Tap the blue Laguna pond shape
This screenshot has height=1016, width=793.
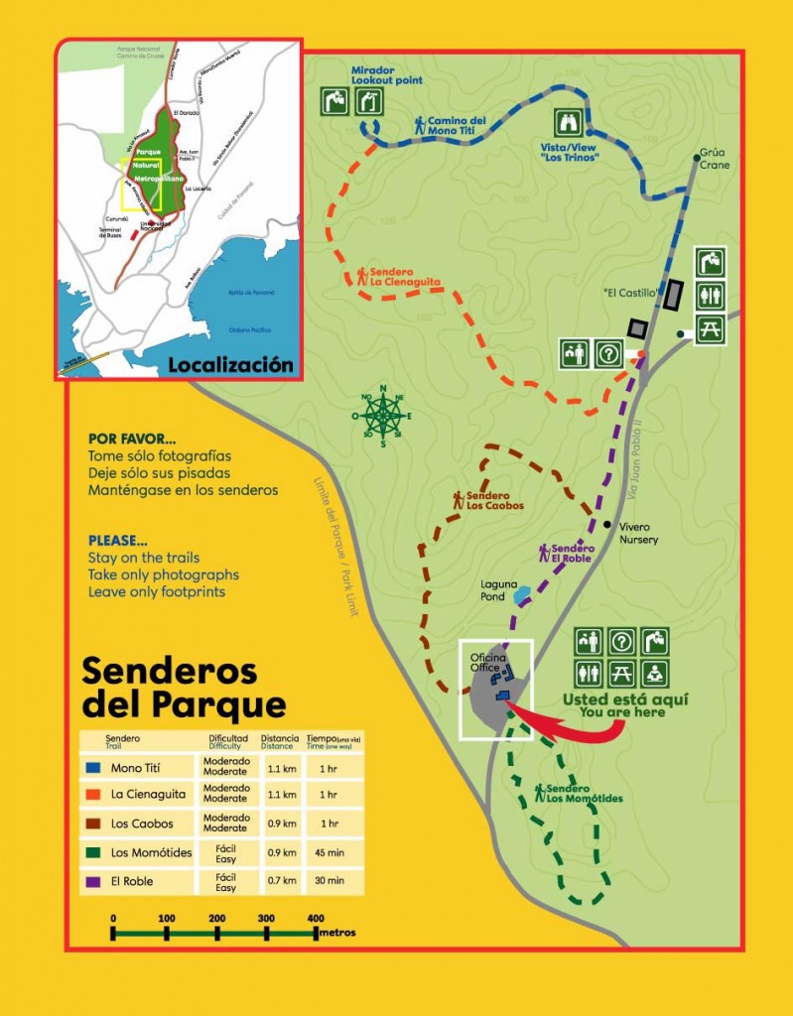coord(522,595)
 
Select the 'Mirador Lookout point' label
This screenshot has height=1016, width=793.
coord(386,76)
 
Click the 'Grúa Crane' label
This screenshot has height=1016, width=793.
coord(714,159)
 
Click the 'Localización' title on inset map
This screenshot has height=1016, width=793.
coord(230,365)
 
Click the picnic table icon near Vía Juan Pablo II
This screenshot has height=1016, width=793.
coord(709,330)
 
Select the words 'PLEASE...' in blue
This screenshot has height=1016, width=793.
coord(117,541)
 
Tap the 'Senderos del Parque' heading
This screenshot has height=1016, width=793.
coord(183,687)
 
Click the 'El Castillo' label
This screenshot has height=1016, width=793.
coord(631,294)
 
